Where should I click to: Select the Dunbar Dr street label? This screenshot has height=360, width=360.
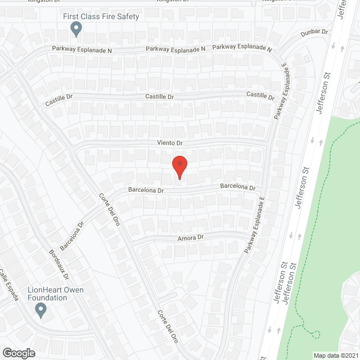[314, 33]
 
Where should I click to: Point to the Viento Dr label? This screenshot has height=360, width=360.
[170, 144]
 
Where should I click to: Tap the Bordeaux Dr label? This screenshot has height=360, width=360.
[58, 264]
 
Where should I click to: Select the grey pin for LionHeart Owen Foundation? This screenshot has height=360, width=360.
[40, 309]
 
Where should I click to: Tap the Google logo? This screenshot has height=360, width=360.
[19, 353]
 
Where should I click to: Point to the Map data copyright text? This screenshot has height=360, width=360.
[335, 355]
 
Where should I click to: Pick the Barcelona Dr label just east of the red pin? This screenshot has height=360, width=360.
[237, 187]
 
